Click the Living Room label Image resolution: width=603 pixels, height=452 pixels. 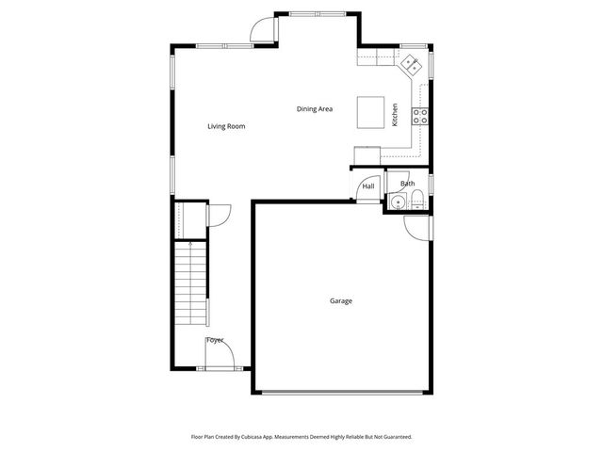pos(226,126)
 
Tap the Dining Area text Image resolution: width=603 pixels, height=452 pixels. pos(315,109)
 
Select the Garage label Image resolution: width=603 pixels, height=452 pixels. pos(341,301)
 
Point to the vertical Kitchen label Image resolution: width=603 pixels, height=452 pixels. pos(395,114)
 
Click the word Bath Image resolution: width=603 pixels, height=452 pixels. pos(407,184)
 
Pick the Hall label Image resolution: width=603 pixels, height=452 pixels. pos(368,186)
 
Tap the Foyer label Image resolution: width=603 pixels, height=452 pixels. pos(215,340)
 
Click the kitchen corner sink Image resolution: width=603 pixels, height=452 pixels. pos(412,64)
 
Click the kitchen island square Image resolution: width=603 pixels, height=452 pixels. pos(372,112)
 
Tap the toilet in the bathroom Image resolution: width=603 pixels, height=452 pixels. pos(416,199)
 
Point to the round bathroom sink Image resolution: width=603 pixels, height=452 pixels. pos(397,201)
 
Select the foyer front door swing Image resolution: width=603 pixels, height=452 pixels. pos(216,356)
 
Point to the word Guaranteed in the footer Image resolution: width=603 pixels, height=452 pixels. pos(395,437)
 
